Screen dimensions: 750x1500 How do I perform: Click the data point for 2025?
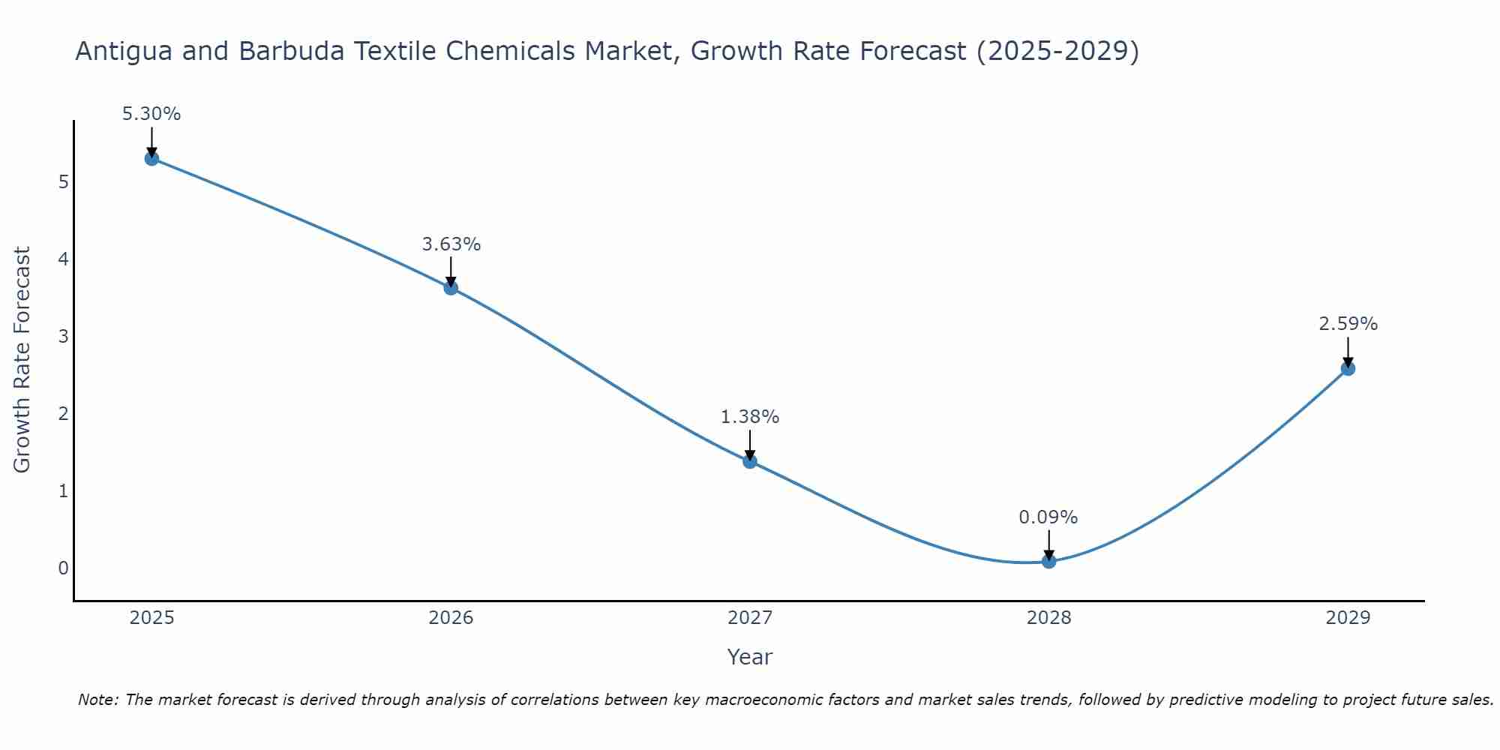pos(151,158)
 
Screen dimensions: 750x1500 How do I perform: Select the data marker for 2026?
pos(451,287)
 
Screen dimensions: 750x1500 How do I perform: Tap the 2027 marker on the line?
pos(750,461)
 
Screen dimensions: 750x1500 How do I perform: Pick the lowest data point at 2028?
pos(1048,561)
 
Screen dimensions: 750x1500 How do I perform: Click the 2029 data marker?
pos(1348,368)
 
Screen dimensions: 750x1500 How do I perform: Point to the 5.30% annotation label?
pos(151,114)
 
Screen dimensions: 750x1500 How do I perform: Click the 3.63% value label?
pos(451,244)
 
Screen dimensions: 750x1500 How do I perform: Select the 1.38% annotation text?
pos(750,417)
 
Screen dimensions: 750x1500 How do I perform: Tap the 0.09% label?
pos(1048,517)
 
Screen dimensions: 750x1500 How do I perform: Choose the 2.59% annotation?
pos(1348,324)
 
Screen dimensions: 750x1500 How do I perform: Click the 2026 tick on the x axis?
pos(451,618)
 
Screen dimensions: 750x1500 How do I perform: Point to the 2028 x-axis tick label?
pos(1048,618)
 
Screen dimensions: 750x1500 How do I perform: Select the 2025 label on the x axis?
pos(151,618)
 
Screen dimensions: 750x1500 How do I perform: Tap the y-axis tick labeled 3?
pos(63,337)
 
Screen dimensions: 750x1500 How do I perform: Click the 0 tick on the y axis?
pos(63,568)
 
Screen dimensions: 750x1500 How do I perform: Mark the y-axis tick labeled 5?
pos(63,182)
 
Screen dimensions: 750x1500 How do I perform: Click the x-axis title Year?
pos(749,657)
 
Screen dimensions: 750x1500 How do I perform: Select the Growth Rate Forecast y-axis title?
pos(22,360)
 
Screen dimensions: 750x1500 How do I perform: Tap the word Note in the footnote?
pos(97,700)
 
